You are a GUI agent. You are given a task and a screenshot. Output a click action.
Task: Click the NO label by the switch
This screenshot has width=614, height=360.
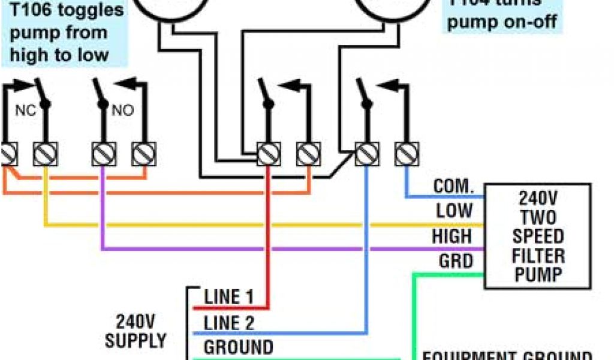coord(122,110)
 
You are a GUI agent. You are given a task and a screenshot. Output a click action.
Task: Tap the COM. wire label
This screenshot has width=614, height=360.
coord(453,186)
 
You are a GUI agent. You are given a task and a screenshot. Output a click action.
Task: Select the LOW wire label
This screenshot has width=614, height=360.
coord(454,211)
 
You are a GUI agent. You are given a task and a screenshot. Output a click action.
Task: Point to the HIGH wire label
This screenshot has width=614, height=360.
coord(452,236)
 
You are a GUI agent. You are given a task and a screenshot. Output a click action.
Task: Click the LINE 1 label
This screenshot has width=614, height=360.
coord(229,296)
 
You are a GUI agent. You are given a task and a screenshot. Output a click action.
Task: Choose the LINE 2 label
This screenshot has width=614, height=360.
coord(229,323)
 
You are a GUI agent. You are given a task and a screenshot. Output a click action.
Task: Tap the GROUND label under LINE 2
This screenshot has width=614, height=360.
coord(238,347)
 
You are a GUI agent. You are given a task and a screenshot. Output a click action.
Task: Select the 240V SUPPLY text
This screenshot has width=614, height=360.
coord(136,331)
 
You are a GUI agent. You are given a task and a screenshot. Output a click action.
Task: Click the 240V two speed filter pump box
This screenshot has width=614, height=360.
coord(538,236)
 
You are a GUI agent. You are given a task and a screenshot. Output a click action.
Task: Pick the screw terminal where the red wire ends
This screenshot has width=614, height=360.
coord(268,154)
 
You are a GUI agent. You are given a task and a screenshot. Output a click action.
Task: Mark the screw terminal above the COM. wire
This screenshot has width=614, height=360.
coord(406,154)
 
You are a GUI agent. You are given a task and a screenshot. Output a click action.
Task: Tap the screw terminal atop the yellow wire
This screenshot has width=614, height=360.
coord(45,154)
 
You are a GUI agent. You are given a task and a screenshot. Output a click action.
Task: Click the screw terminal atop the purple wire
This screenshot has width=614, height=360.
coord(103,154)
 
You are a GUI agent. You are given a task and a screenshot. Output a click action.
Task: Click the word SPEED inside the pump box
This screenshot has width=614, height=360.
coord(538,236)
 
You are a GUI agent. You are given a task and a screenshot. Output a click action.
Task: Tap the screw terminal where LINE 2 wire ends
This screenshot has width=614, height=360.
coord(366,154)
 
